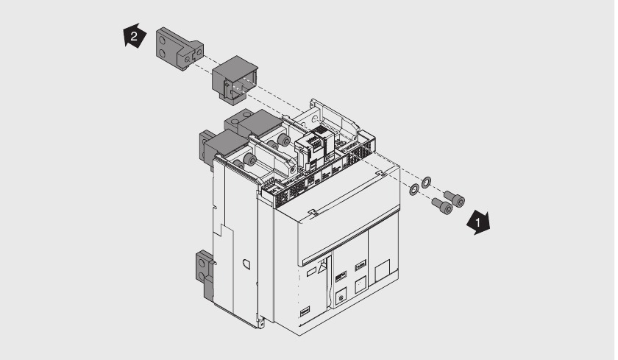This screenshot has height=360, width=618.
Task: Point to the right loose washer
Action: (x=427, y=181)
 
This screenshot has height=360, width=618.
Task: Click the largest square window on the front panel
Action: (x=383, y=273)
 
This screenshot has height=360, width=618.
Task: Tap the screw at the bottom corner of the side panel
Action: (x=261, y=322)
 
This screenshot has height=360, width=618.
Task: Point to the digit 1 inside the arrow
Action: (x=479, y=220)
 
